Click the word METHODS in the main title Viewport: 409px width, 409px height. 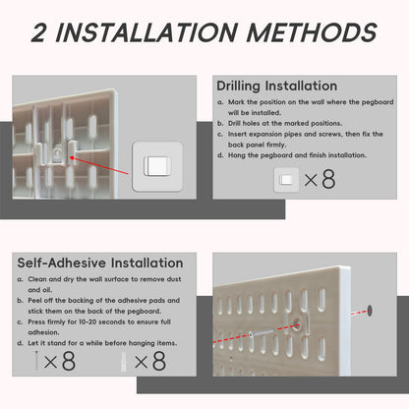312,32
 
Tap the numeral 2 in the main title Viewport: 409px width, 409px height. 39,32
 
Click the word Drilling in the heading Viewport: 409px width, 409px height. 238,87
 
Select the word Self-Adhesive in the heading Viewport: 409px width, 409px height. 61,263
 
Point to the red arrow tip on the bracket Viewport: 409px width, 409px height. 71,159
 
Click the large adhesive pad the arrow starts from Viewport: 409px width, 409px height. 157,166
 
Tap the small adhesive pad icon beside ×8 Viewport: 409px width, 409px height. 286,180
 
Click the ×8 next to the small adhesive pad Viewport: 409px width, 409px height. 320,179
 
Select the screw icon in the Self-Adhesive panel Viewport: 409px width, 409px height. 36,361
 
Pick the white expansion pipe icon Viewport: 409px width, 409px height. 124,362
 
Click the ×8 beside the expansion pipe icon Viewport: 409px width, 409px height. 150,361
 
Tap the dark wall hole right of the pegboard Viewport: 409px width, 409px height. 370,310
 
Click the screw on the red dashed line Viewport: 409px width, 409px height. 262,333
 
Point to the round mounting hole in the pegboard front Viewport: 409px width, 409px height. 298,324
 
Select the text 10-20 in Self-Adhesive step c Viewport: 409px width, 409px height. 88,321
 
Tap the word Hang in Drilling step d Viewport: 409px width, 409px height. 237,155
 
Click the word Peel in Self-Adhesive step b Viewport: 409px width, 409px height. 34,300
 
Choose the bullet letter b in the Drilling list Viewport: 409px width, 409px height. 220,124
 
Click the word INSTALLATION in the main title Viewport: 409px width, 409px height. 146,32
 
